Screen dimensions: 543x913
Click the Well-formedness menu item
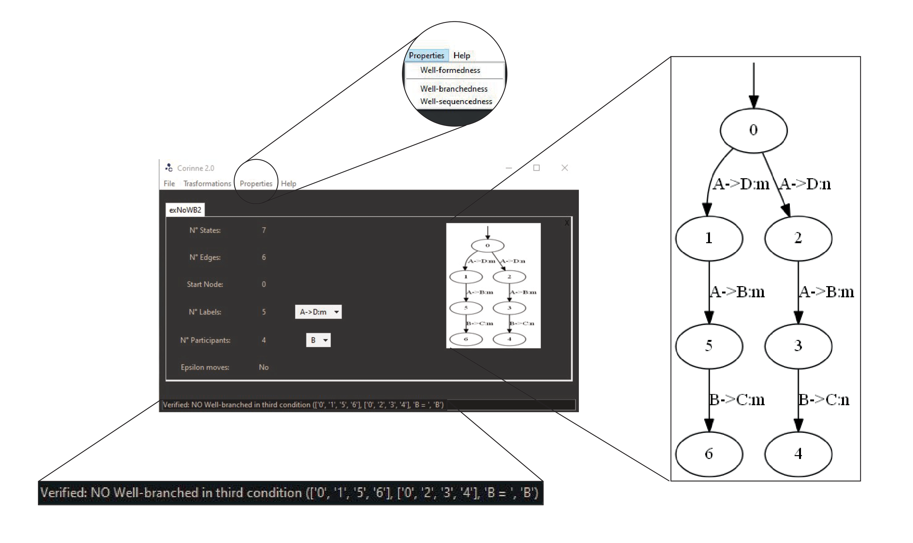coord(450,70)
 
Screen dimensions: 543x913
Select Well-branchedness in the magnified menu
coord(453,89)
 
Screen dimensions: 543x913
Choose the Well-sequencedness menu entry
coord(456,101)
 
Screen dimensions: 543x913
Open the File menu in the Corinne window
coord(169,184)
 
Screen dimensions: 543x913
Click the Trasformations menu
coord(207,184)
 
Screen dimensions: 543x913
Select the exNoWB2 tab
coord(185,210)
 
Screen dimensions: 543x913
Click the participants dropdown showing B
coord(318,340)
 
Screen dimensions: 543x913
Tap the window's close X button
coord(565,168)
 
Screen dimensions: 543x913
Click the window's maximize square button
coord(536,168)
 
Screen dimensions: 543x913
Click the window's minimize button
coord(509,168)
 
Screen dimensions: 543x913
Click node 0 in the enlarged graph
coord(753,130)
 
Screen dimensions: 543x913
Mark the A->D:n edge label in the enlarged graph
coord(805,184)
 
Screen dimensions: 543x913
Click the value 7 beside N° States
coord(264,230)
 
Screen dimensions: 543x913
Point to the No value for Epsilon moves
coord(263,367)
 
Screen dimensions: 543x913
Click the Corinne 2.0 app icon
coord(169,168)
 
